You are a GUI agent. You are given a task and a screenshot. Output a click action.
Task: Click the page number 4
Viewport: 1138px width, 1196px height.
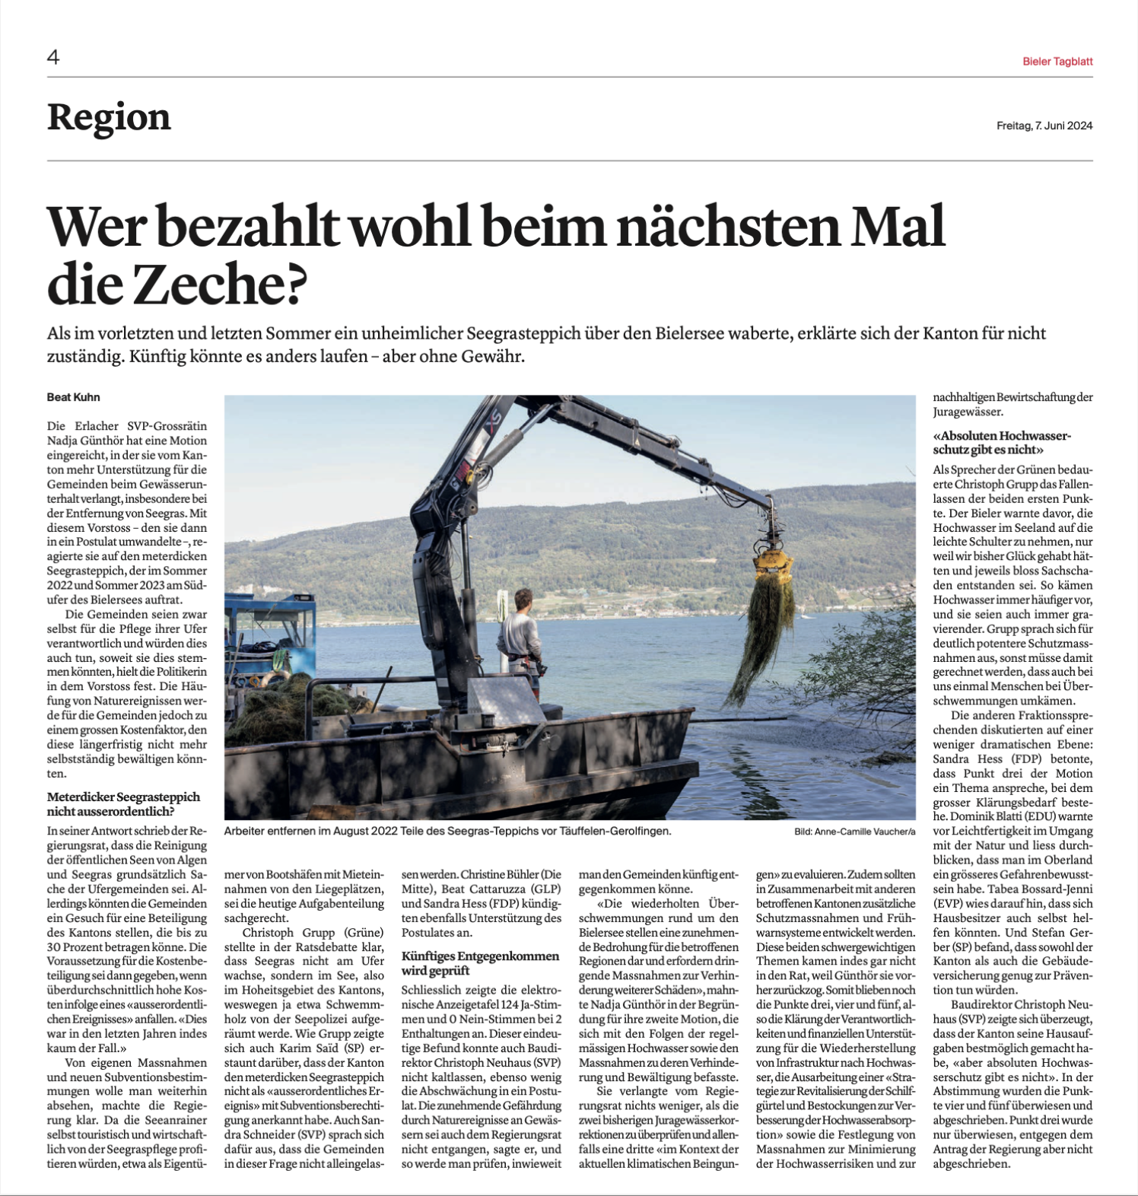click(x=53, y=57)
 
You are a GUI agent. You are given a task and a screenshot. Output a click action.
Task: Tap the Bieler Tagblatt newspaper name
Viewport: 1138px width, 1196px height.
click(x=1057, y=62)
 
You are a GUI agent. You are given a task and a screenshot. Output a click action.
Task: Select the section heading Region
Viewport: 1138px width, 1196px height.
click(x=109, y=117)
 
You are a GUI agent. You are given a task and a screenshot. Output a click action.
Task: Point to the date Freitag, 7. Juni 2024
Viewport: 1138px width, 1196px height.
click(x=1044, y=126)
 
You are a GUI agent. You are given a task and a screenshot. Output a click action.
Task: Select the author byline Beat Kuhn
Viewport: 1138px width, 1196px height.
click(x=74, y=397)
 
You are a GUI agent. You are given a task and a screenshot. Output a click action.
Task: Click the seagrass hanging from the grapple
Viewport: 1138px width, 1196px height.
click(x=761, y=639)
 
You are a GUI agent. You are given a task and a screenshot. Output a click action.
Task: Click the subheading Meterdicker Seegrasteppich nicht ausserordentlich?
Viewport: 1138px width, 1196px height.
click(x=123, y=803)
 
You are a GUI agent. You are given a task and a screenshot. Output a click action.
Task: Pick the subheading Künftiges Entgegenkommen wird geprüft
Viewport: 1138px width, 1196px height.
click(x=480, y=962)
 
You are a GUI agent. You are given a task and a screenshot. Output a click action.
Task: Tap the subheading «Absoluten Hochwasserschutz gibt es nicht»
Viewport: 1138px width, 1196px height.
click(x=1002, y=442)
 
